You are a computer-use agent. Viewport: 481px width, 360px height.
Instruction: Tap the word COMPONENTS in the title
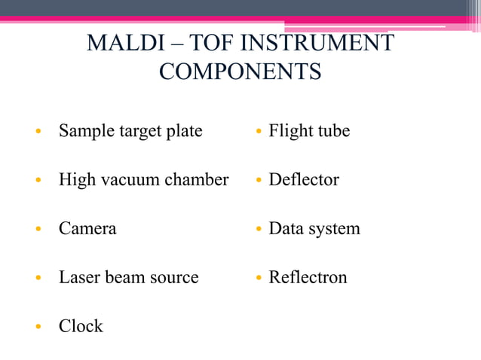pyautogui.click(x=240, y=72)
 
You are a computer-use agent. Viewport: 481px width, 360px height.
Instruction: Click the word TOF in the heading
pyautogui.click(x=219, y=43)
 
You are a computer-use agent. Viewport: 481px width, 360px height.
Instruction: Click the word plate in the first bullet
pyautogui.click(x=184, y=131)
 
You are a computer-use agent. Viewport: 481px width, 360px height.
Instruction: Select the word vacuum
pyautogui.click(x=129, y=180)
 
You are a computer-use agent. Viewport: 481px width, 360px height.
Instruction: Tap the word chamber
pyautogui.click(x=196, y=180)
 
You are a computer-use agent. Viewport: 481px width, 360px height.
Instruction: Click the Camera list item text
pyautogui.click(x=87, y=229)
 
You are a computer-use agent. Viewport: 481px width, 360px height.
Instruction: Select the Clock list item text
pyautogui.click(x=81, y=326)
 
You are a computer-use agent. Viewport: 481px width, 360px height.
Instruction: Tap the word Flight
pyautogui.click(x=290, y=131)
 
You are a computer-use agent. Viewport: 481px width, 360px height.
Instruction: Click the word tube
pyautogui.click(x=333, y=131)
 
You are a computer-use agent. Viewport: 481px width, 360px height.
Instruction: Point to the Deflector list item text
pyautogui.click(x=304, y=180)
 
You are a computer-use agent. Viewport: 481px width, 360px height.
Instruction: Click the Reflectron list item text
pyautogui.click(x=308, y=277)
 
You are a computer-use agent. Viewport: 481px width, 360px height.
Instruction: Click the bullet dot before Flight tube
pyautogui.click(x=258, y=132)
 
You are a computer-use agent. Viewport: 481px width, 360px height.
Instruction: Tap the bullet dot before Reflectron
pyautogui.click(x=258, y=278)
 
